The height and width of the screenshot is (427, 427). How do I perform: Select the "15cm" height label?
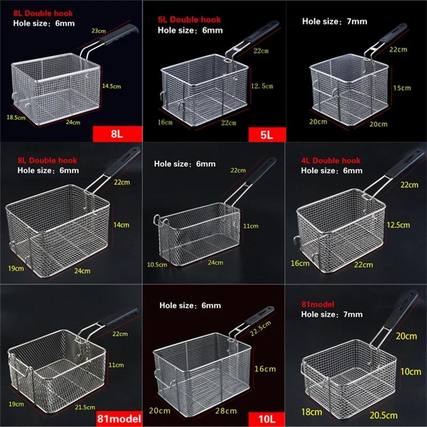pyautogui.click(x=402, y=88)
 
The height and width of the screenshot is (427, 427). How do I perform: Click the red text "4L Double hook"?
pyautogui.click(x=331, y=161)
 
